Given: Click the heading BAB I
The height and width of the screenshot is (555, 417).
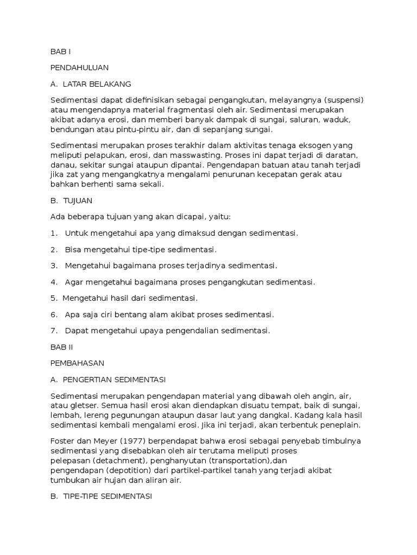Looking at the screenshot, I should pyautogui.click(x=60, y=51).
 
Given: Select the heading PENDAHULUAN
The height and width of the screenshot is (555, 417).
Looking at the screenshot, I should pyautogui.click(x=79, y=68).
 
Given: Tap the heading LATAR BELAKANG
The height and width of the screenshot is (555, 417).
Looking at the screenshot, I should pyautogui.click(x=97, y=84).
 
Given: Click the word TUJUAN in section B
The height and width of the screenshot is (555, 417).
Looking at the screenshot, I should pyautogui.click(x=78, y=201).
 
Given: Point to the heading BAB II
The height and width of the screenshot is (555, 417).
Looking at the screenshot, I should pyautogui.click(x=61, y=347).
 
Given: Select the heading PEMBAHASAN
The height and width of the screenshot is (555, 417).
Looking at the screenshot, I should pyautogui.click(x=77, y=363).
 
